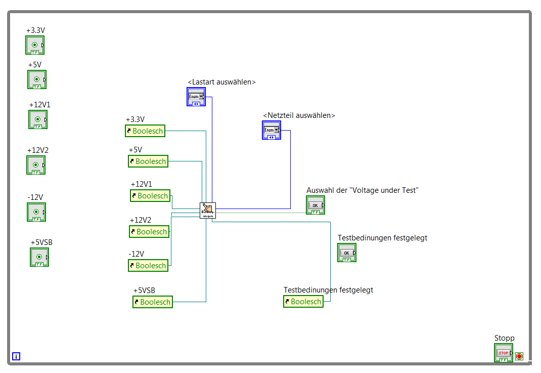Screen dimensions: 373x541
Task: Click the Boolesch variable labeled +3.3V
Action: [x=145, y=131]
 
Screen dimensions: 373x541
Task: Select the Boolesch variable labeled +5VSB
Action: [x=152, y=302]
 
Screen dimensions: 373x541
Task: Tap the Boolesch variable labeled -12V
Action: [x=148, y=266]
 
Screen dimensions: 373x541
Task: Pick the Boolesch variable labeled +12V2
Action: [x=149, y=232]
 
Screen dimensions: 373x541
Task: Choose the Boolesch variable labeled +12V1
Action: [x=150, y=196]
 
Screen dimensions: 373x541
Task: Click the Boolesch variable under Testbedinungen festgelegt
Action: [x=303, y=302]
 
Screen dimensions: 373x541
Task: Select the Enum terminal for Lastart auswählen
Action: [x=196, y=96]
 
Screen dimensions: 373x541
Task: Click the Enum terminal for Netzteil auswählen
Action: [x=271, y=130]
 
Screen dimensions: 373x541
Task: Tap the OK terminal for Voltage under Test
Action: [x=315, y=205]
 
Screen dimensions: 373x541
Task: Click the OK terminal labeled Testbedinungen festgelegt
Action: [x=347, y=253]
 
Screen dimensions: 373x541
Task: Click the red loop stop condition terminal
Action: [x=519, y=356]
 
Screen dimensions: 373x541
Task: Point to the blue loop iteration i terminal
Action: [x=16, y=356]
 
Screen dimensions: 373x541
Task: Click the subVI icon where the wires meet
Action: [x=207, y=210]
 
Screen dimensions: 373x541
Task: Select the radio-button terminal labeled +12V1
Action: [x=37, y=119]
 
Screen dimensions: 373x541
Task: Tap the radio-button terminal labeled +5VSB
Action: [x=39, y=257]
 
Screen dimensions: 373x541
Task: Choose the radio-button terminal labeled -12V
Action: [x=36, y=212]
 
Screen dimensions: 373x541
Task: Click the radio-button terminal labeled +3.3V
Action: [x=35, y=45]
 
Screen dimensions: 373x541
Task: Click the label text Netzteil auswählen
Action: [x=299, y=115]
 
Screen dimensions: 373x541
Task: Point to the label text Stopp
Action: [x=504, y=338]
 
